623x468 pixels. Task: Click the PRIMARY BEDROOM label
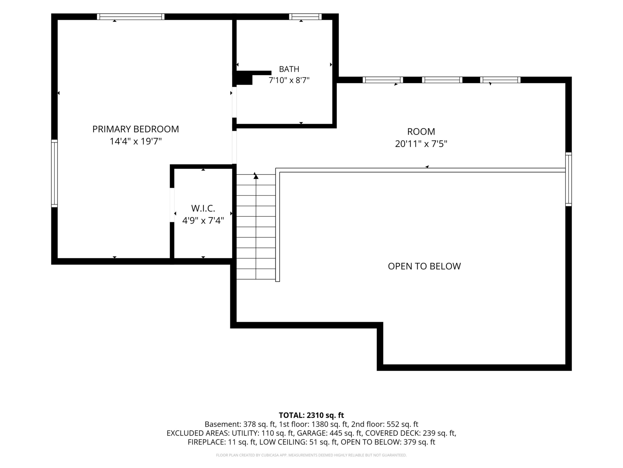[136, 129]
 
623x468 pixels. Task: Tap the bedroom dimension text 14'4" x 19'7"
[136, 141]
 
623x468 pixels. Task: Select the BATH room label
[289, 69]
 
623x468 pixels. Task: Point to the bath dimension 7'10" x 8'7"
[289, 80]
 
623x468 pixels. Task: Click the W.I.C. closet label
[203, 208]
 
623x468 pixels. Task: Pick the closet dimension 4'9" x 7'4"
[203, 220]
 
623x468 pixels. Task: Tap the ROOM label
[421, 132]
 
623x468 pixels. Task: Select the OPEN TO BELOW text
[424, 266]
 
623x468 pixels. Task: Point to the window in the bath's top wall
[305, 17]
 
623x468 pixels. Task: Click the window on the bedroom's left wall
[54, 173]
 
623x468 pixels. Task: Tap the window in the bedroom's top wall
[131, 17]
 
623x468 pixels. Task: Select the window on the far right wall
[568, 179]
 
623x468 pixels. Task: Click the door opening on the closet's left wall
[172, 205]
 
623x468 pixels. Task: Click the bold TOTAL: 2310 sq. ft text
[311, 415]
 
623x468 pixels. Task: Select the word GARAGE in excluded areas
[311, 433]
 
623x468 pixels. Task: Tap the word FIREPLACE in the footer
[206, 442]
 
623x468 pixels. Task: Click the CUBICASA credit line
[311, 455]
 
